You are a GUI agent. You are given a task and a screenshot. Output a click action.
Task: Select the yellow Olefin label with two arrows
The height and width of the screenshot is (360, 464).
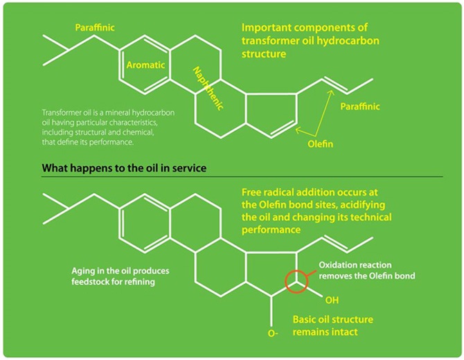321,145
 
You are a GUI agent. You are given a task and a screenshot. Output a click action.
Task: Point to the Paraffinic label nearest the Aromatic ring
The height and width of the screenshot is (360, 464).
95,28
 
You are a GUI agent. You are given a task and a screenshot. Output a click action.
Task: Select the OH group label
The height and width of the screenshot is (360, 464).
332,301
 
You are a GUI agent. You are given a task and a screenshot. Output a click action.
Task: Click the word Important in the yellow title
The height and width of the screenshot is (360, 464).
266,28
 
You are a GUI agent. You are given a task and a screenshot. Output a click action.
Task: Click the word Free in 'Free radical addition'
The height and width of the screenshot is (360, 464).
252,191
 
